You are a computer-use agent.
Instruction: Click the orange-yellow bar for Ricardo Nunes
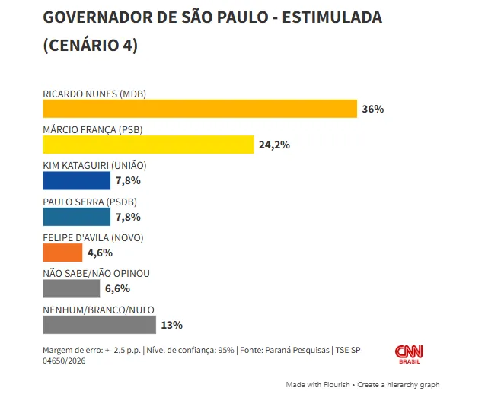199,109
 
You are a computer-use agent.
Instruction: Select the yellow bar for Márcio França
148,145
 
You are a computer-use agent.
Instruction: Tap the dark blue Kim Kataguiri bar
76,180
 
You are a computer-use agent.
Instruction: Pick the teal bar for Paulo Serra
76,217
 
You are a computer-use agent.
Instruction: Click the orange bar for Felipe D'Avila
62,253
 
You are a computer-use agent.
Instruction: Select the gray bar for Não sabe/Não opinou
71,288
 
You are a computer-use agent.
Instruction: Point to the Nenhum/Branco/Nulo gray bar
99,325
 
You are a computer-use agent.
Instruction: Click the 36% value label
373,109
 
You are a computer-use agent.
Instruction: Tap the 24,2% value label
274,145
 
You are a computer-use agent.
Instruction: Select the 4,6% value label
100,253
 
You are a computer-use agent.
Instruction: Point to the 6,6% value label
117,288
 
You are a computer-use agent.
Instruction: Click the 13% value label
171,325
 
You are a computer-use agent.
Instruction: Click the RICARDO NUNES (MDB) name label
94,94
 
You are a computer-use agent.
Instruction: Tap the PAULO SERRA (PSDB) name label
90,202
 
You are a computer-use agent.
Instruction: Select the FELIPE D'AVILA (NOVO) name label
93,237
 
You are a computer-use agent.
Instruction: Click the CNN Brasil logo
409,354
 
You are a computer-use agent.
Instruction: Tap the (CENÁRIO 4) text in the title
90,45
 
